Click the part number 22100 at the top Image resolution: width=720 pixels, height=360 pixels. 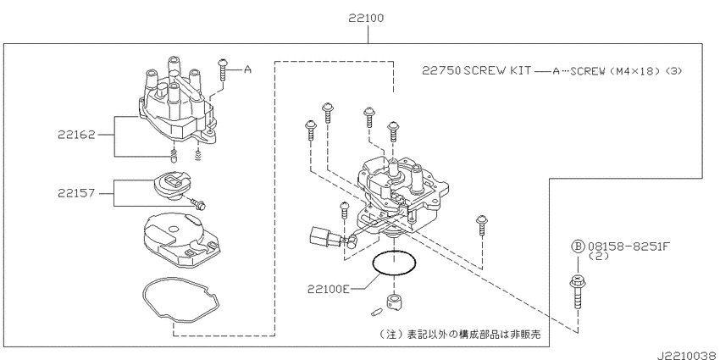366,19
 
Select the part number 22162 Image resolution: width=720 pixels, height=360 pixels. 76,135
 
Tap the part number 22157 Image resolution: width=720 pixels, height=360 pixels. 76,193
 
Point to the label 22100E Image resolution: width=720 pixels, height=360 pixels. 329,289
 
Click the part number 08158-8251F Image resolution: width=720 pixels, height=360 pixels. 629,246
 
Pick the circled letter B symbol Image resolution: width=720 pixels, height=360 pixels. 578,246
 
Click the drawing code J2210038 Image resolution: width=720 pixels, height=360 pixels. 688,356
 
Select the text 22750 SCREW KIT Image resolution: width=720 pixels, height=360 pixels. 477,70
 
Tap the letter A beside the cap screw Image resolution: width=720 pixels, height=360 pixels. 247,69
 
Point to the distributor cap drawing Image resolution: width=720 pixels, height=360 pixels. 176,102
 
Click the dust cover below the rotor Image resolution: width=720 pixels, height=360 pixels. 180,240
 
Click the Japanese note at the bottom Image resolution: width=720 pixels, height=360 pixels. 460,335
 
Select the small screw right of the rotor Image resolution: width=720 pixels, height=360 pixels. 199,204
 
